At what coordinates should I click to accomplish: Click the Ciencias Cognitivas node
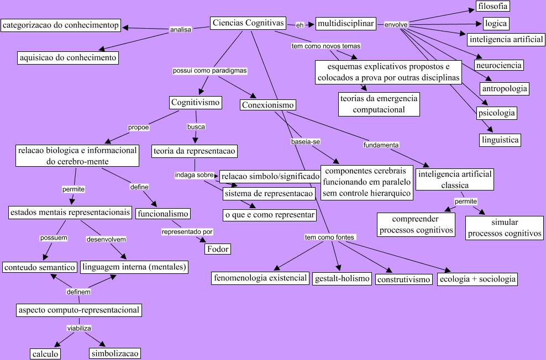tap(248, 23)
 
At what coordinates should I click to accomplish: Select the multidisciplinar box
tap(346, 24)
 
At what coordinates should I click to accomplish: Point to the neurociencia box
tap(498, 65)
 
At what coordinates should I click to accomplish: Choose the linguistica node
tap(500, 140)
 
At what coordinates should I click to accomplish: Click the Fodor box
tap(217, 249)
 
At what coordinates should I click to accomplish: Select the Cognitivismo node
tap(196, 102)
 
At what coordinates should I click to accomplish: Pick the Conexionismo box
tap(268, 105)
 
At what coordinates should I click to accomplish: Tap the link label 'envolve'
tap(396, 25)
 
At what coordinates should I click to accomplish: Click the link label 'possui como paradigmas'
tap(209, 71)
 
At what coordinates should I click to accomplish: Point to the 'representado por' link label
tap(187, 232)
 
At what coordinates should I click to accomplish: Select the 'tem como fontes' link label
tap(329, 237)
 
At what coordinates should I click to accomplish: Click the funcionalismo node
tap(163, 214)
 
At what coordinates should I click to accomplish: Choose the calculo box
tap(45, 354)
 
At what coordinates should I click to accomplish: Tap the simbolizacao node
tap(115, 353)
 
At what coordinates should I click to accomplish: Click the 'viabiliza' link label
tap(78, 328)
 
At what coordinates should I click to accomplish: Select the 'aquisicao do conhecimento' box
tap(68, 57)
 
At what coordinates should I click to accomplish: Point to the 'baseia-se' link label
tap(306, 142)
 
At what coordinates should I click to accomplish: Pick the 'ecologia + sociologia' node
tap(477, 279)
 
